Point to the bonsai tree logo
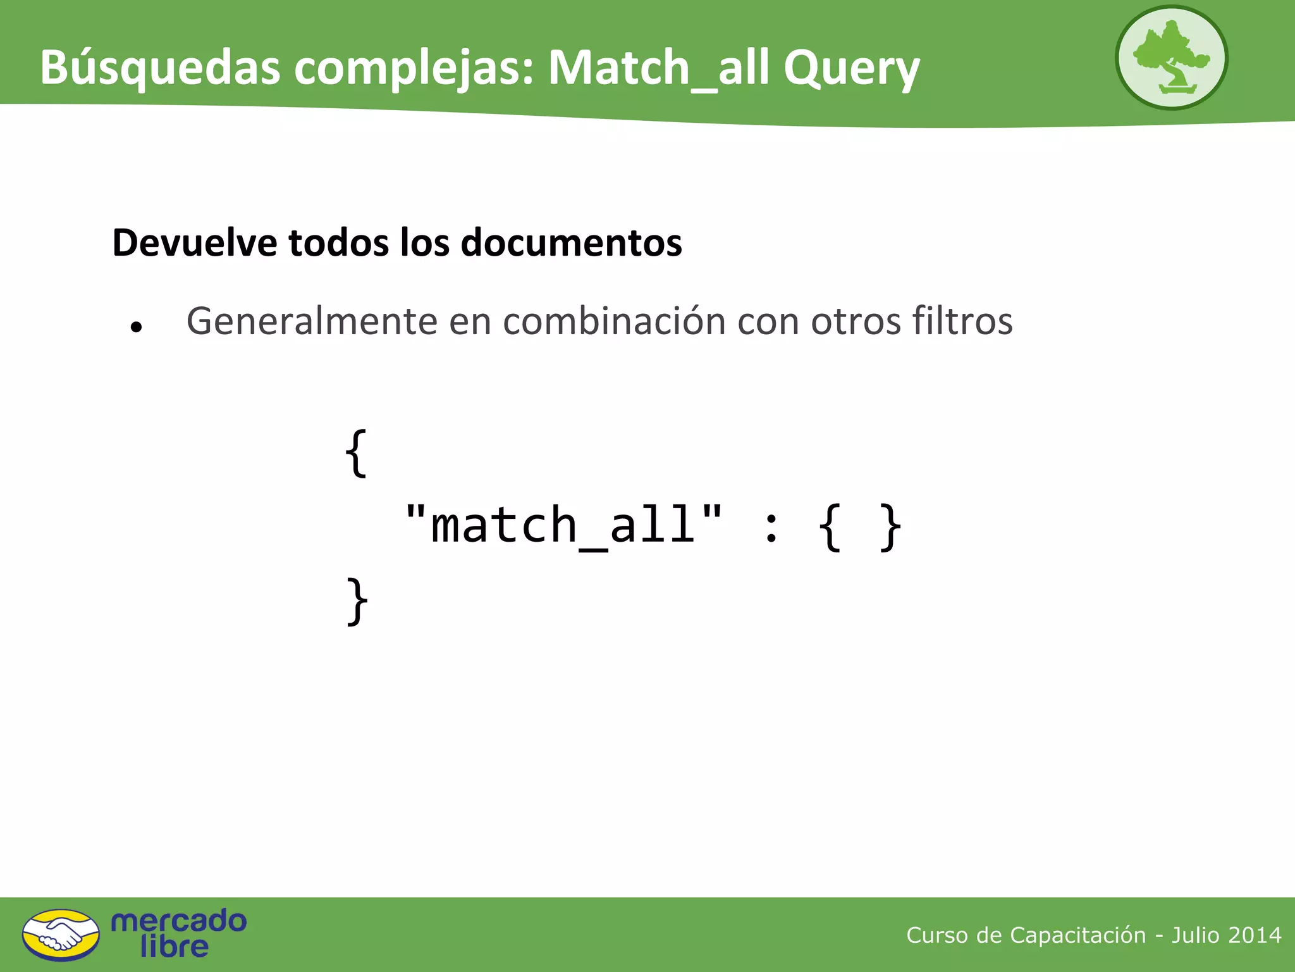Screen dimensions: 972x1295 1171,58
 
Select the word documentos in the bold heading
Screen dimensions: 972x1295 572,242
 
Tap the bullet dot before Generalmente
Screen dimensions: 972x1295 136,327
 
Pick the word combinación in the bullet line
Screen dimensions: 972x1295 613,321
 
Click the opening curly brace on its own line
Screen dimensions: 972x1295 357,453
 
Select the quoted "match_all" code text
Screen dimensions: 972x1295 563,525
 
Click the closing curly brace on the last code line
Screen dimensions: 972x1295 358,601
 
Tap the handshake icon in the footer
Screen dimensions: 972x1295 61,935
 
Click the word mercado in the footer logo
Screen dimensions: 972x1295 178,921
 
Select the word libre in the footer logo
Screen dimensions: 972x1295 174,947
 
